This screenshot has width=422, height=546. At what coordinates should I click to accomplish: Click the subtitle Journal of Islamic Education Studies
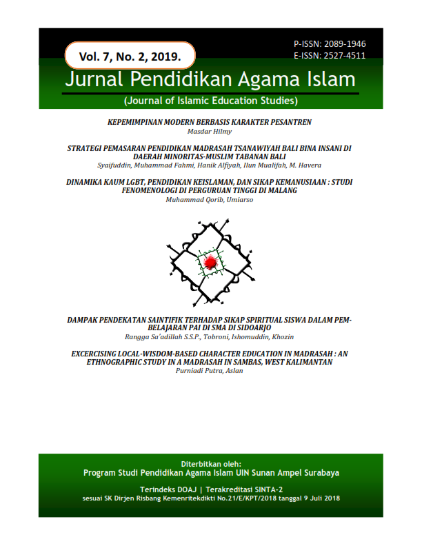point(210,101)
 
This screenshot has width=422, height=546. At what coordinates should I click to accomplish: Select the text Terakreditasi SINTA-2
point(241,488)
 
